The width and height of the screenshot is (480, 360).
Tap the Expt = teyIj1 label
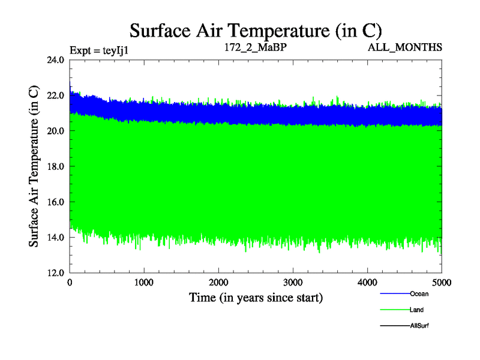100,49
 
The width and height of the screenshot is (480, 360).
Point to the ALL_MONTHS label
405,46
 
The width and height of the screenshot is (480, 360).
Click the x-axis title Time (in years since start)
256,297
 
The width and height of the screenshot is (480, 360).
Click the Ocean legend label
419,294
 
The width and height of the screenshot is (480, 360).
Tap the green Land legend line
394,310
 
